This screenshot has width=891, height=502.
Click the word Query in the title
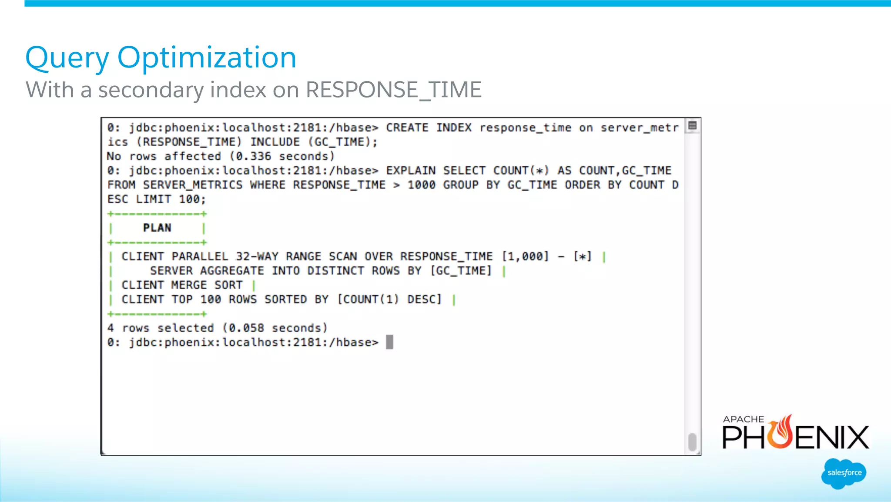(67, 58)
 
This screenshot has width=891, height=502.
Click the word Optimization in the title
(207, 58)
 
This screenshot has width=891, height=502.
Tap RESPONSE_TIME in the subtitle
(393, 90)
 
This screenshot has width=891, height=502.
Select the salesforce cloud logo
(844, 473)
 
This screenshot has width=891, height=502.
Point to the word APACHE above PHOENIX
(743, 419)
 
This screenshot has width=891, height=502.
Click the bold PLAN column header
(157, 228)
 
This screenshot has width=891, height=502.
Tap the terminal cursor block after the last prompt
(389, 342)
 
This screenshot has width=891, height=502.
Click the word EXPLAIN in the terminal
(411, 171)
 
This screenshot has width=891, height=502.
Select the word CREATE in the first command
(407, 128)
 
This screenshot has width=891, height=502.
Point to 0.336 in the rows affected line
(253, 156)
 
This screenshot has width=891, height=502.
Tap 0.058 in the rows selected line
(246, 328)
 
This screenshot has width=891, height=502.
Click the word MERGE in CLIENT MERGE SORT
(189, 285)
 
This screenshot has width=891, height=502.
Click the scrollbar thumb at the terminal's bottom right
(692, 442)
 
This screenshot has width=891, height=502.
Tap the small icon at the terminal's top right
(693, 126)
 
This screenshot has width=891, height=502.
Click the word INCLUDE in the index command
(275, 142)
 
